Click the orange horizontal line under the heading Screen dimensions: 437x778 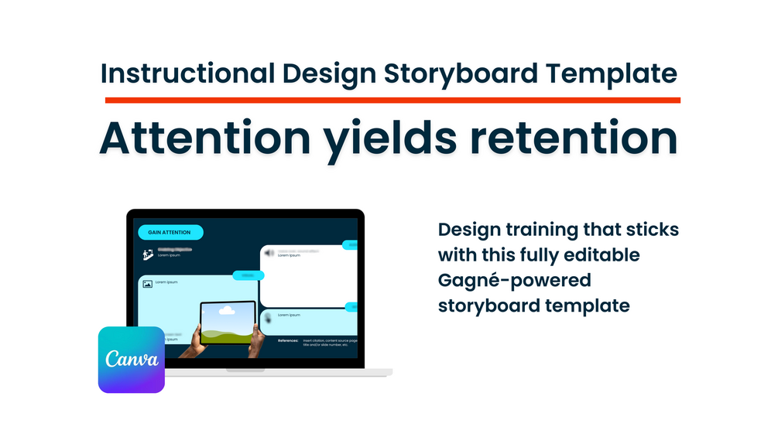tap(392, 100)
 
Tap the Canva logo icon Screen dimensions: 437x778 tap(132, 360)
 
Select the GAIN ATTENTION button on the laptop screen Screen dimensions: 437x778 tap(170, 232)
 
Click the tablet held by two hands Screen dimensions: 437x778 tap(228, 323)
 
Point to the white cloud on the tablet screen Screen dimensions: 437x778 tap(228, 312)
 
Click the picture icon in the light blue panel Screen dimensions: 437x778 tap(147, 284)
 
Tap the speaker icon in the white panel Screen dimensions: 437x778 tap(269, 253)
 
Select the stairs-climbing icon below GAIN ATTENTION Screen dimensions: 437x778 tap(147, 254)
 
